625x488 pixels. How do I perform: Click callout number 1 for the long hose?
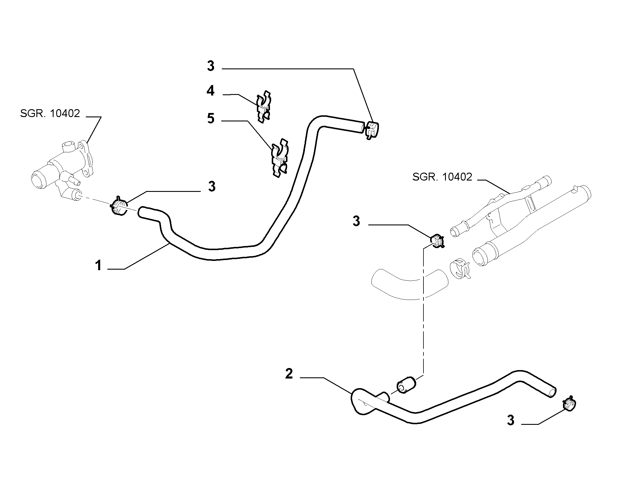click(98, 266)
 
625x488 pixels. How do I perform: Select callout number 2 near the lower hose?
click(289, 374)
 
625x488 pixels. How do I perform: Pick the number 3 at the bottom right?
click(511, 420)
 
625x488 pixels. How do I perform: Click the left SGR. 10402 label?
click(50, 113)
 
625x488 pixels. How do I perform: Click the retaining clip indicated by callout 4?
click(264, 107)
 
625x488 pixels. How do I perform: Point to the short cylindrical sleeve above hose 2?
click(407, 385)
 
